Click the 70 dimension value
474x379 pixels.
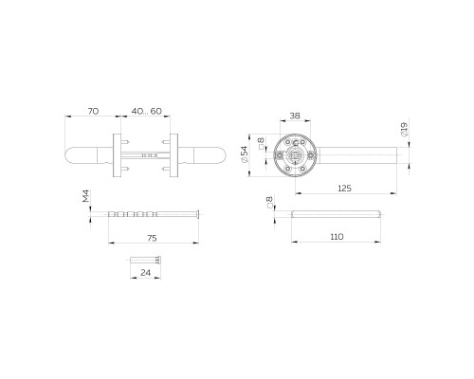click(93, 112)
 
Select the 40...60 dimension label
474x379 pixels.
click(146, 112)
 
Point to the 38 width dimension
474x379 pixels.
click(294, 117)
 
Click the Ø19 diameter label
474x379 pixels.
click(405, 131)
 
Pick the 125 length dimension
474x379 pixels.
click(344, 189)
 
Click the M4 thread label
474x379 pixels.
click(85, 198)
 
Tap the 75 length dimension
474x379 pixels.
click(152, 239)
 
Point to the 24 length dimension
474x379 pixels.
click(144, 273)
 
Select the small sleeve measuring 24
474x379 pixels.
click(144, 258)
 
